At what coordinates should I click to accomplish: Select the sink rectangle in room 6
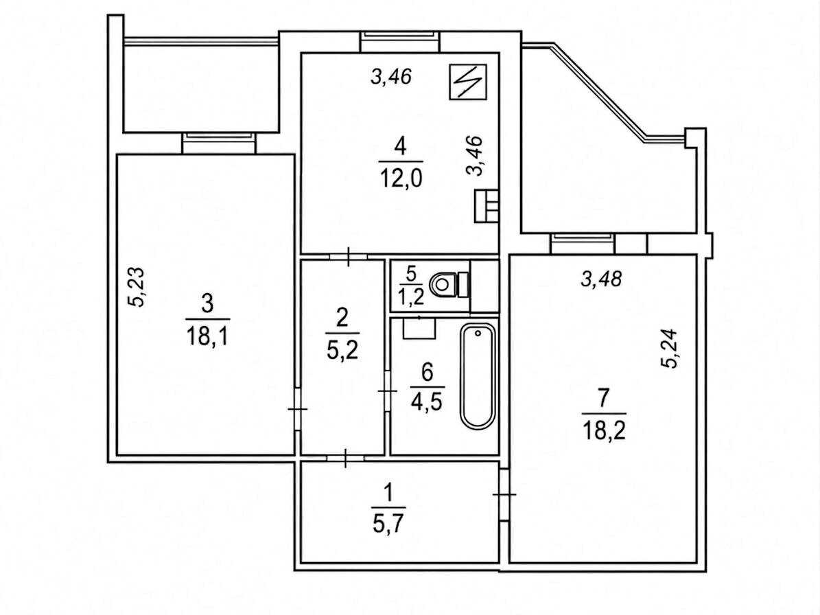click(419, 328)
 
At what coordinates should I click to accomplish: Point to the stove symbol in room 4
click(487, 205)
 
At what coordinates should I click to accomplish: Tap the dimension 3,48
click(601, 279)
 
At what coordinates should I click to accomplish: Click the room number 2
click(342, 317)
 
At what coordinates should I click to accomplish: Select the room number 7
click(603, 398)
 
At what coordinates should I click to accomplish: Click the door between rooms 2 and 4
click(349, 256)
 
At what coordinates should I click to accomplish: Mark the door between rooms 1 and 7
click(504, 494)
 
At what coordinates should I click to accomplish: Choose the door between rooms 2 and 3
click(297, 408)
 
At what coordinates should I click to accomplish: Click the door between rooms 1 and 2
click(346, 458)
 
